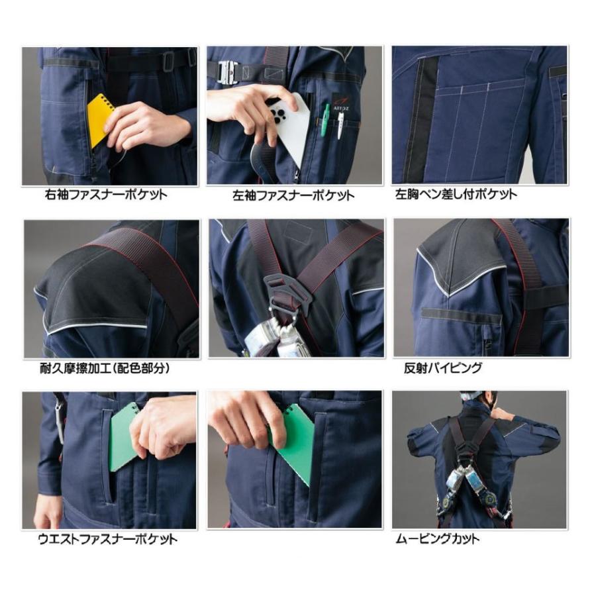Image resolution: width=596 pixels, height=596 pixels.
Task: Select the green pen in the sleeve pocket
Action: [325, 120]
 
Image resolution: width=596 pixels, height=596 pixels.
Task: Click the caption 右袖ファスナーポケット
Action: [106, 195]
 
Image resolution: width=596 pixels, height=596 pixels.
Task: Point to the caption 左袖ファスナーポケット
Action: [293, 195]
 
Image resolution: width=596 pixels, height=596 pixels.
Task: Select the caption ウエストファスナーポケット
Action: [107, 539]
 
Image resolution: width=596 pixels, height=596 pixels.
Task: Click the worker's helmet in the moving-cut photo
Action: [472, 395]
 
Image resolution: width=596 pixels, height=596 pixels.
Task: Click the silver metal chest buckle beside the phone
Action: [227, 72]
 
